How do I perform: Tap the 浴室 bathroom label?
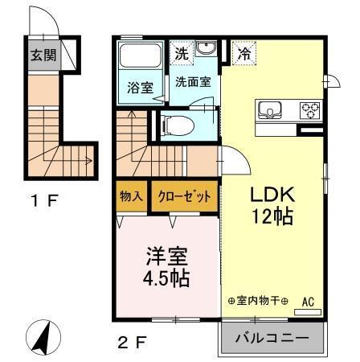141,88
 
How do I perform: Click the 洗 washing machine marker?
182,54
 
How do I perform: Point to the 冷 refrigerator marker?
243,55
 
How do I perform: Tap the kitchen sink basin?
269,109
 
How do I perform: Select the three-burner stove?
309,109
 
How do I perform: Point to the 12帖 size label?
272,216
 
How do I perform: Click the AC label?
308,302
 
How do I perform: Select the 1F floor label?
43,201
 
